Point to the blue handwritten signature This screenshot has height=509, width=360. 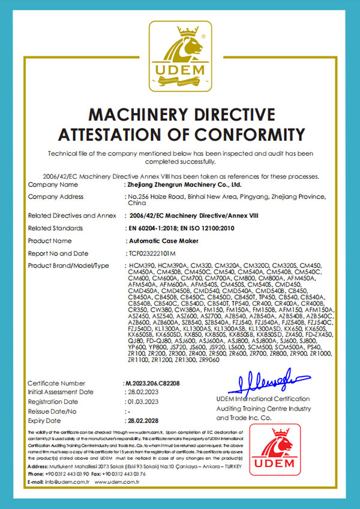point(266,379)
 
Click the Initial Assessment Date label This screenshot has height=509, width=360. point(61,391)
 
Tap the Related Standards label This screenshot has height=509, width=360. point(56,228)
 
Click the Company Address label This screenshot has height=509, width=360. point(56,197)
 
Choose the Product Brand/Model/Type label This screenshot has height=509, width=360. point(68,265)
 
